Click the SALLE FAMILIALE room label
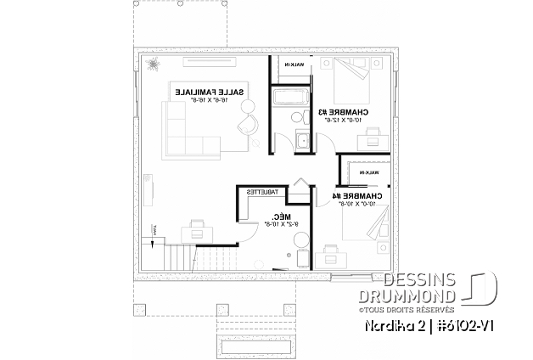point(211,90)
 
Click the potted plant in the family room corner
point(154,65)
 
